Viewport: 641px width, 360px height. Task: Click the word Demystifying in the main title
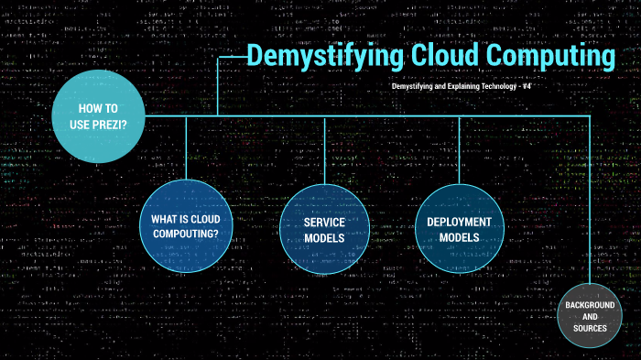pos(324,56)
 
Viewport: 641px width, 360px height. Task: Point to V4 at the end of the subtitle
pos(527,85)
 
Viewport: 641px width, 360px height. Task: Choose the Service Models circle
pos(324,228)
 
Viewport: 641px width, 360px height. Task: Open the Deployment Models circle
pos(459,228)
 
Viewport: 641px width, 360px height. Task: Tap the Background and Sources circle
pos(589,316)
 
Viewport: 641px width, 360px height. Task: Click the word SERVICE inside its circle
pos(324,222)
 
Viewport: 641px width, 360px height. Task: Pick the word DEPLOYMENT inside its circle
pos(459,222)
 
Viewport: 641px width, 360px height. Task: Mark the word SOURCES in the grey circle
pos(589,328)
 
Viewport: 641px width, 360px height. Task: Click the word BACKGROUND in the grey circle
pos(589,304)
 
